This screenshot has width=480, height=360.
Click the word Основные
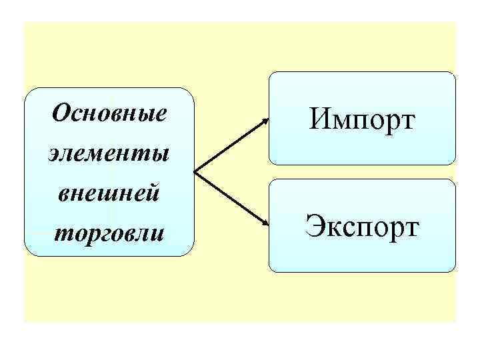[x=109, y=114]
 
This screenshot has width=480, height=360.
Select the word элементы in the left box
[x=109, y=154]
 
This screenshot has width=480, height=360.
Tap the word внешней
[x=109, y=194]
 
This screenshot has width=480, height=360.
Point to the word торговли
[x=109, y=234]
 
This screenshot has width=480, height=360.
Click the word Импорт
[x=363, y=120]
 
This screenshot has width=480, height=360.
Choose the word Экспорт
[x=363, y=225]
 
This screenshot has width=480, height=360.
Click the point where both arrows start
[x=194, y=173]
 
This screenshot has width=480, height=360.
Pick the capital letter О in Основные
[x=61, y=113]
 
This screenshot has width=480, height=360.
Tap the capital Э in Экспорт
[x=315, y=225]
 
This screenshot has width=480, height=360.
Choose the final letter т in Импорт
[x=407, y=123]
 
